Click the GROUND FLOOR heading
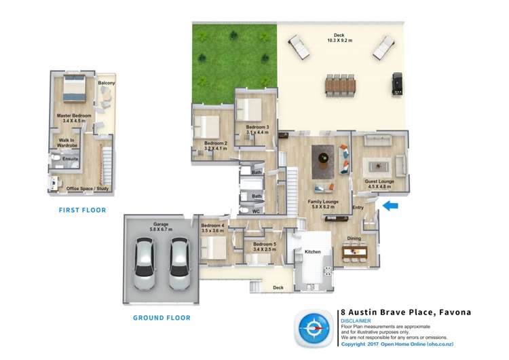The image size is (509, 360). click(162, 317)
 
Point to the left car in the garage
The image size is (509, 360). click(145, 264)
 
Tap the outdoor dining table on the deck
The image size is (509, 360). click(340, 85)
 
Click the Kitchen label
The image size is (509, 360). click(312, 252)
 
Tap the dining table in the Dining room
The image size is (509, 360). click(354, 254)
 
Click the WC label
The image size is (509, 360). click(256, 211)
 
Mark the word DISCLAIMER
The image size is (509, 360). click(356, 321)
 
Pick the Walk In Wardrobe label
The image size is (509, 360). click(67, 143)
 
